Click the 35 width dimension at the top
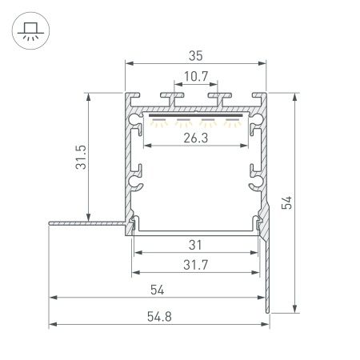[195, 56]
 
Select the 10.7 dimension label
[195, 78]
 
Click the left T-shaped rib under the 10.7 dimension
[170, 99]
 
